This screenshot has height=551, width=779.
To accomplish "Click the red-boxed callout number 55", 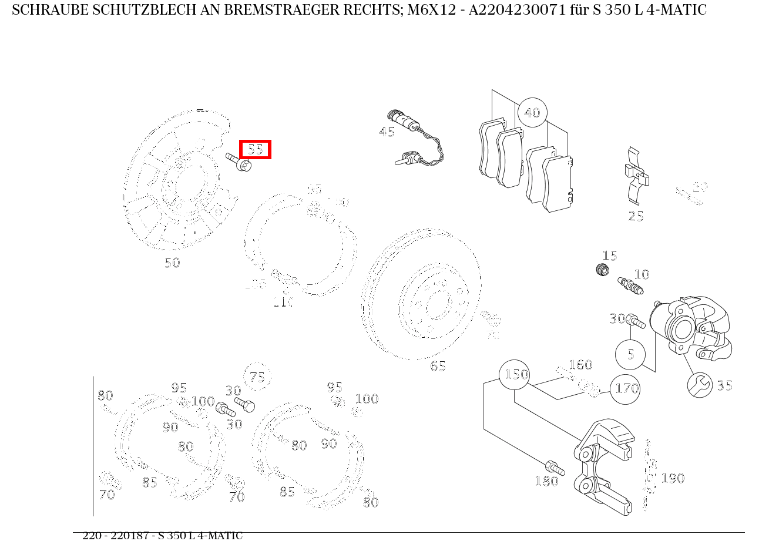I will (x=255, y=149).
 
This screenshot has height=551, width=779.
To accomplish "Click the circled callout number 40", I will (x=532, y=113).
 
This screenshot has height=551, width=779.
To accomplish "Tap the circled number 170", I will (x=625, y=389).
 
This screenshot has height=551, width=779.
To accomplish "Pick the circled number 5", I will (x=630, y=354).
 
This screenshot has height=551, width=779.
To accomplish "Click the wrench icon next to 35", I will (x=700, y=385).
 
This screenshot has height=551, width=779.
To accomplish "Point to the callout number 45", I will (x=387, y=132).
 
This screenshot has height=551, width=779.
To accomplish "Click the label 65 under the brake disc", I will (x=438, y=366).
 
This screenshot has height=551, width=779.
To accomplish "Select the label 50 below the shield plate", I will (x=172, y=263).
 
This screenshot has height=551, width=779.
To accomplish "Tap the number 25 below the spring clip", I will (x=636, y=216).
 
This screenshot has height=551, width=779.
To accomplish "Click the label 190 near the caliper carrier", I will (x=673, y=478).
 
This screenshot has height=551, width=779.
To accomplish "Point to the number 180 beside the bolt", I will (x=546, y=482).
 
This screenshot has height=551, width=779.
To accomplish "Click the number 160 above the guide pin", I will (x=580, y=365).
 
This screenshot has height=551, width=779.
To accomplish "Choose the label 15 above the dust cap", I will (x=609, y=256).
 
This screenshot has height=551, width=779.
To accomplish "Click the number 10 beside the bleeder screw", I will (x=642, y=274).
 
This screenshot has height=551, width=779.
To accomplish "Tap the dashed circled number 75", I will (x=257, y=377).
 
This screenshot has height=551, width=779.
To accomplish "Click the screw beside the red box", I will (x=238, y=162).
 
